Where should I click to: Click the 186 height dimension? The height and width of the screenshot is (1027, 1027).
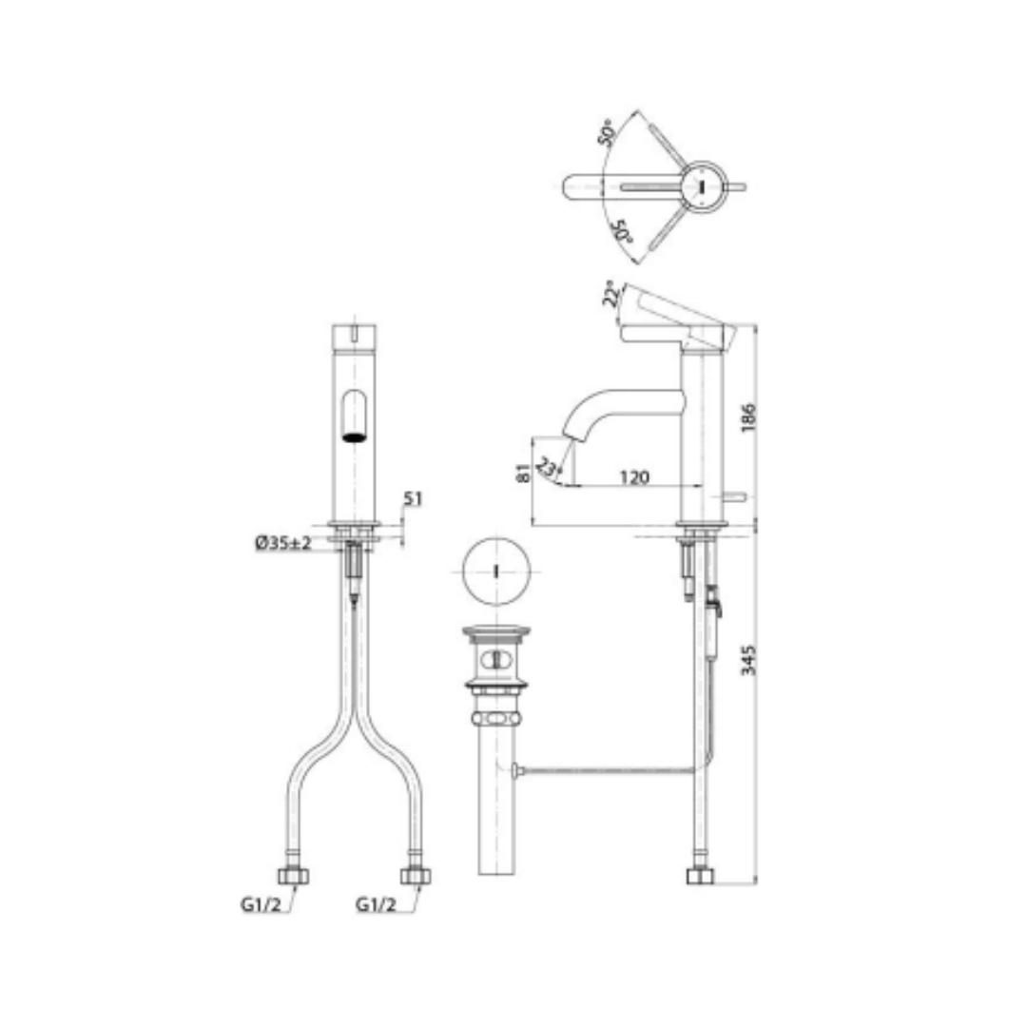coord(748,417)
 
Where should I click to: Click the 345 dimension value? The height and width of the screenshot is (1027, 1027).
coord(748,660)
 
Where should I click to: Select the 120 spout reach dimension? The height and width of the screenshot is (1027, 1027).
coord(634,476)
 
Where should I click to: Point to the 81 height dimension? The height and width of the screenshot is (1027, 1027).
coord(523,473)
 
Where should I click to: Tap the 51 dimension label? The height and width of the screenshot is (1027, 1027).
coord(413,499)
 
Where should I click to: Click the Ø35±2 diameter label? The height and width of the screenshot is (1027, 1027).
coord(283,543)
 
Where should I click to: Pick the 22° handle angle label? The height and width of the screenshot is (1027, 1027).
coord(610,295)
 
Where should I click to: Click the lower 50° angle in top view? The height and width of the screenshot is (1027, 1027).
coord(623,232)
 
